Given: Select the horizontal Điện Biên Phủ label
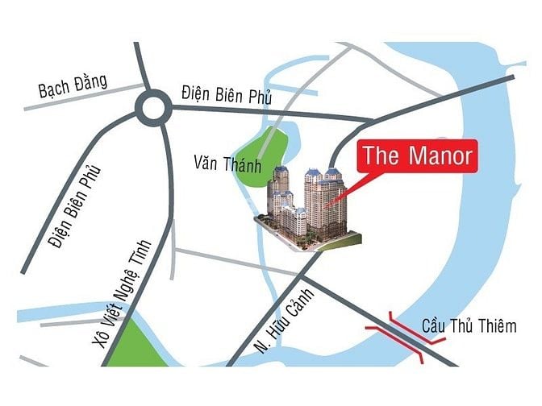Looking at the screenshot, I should tap(227, 95).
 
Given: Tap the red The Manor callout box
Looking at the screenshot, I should tap(415, 155).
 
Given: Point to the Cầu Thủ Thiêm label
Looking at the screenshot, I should tap(469, 327).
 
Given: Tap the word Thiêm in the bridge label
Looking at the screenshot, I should tap(498, 327).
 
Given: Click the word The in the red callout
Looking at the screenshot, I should tap(379, 155).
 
